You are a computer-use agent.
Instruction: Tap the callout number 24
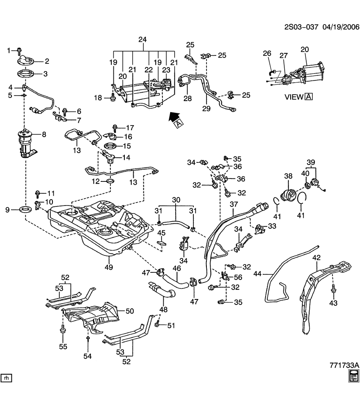coord(143,40)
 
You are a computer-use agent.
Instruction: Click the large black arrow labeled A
coord(174,118)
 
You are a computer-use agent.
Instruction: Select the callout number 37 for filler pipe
coord(234,205)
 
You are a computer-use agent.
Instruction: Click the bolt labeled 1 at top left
coord(20,51)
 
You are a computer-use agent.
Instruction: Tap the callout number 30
coord(176,200)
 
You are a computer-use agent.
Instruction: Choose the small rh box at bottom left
coord(6,377)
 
